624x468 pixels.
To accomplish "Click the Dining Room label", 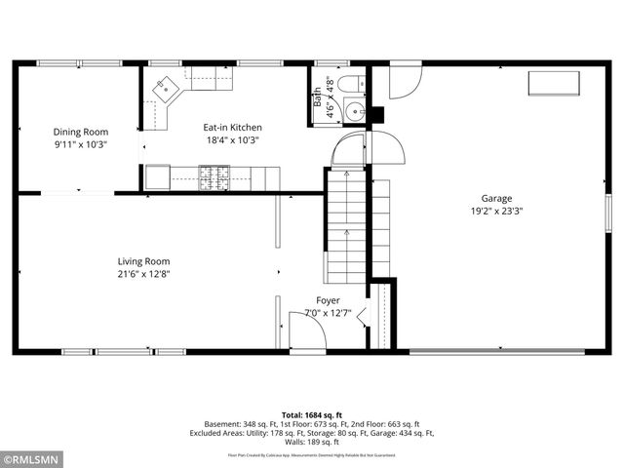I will coord(80,132).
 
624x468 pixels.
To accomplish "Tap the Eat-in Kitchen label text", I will coord(232,127).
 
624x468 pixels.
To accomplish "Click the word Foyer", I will coord(328,300).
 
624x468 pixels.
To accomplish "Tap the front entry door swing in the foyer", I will coord(306,331).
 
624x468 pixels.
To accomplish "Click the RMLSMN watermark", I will coord(31,457).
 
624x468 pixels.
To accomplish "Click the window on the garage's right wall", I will coord(607,209).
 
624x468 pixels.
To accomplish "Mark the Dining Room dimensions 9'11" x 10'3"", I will coord(80,144).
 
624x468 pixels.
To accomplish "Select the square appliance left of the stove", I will coord(156,177).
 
